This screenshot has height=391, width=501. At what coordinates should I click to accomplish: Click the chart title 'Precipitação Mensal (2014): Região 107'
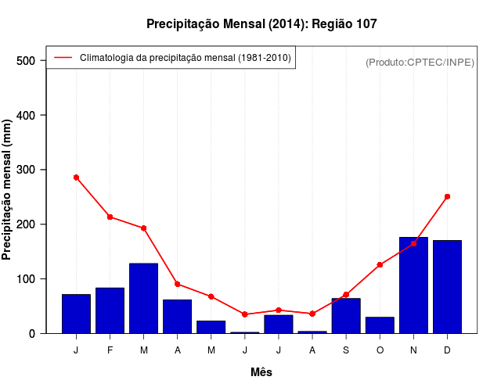(261, 24)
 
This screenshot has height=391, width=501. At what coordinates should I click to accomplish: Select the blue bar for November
(413, 285)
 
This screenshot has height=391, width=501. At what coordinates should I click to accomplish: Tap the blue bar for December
(447, 287)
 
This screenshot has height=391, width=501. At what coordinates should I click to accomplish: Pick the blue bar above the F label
(110, 310)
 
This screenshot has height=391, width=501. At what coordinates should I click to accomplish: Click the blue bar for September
(346, 316)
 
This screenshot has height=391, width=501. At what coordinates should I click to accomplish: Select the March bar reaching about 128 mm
(144, 299)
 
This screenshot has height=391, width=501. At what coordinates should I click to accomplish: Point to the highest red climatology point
(76, 178)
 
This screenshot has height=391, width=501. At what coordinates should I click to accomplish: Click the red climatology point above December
(447, 197)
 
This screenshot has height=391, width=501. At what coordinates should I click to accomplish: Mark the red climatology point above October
(380, 265)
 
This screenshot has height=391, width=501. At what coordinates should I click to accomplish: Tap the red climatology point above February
(110, 217)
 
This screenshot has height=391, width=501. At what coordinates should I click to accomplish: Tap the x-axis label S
(346, 350)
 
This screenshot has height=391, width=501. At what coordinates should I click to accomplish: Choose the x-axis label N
(413, 350)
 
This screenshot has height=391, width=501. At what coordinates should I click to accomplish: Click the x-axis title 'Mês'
(261, 372)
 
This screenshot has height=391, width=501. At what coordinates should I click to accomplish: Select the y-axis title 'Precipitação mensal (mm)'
(8, 190)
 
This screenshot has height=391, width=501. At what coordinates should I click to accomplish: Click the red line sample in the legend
(63, 58)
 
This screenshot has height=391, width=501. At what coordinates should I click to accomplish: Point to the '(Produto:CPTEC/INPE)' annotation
(420, 62)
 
